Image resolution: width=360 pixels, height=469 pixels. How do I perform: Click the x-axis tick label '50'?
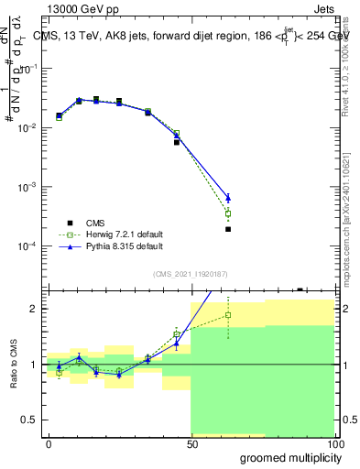(x=191, y=443)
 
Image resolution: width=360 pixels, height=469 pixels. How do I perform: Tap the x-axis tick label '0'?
(x=49, y=443)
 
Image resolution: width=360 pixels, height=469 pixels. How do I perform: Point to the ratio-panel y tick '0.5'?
(x=30, y=420)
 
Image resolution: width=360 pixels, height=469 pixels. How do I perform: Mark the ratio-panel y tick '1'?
(x=35, y=365)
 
